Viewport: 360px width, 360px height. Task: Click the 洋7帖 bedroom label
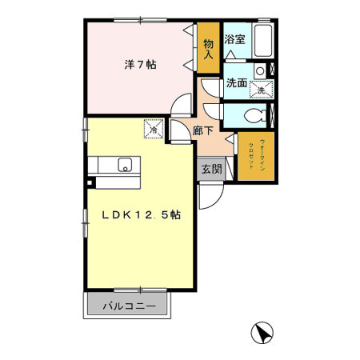(x=135, y=66)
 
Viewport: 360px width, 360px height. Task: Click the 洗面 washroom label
(x=236, y=82)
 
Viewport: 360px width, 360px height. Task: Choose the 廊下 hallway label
(x=202, y=128)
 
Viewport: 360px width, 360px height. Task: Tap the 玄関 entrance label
(x=210, y=169)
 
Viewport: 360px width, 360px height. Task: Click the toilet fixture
(x=254, y=114)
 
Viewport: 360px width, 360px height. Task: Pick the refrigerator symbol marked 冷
(x=154, y=127)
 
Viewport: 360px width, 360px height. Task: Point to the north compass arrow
(x=262, y=332)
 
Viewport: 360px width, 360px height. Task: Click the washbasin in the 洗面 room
(x=259, y=72)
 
